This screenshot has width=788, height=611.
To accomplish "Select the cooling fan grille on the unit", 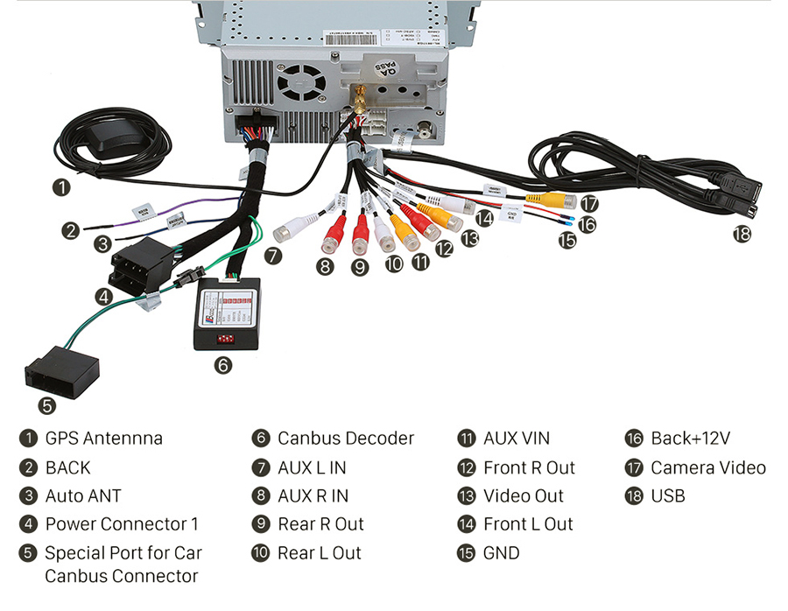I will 301,84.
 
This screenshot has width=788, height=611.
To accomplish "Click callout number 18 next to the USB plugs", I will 742,234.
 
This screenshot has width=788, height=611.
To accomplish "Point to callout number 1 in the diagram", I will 60,186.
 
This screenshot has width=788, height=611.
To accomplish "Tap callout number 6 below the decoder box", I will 223,365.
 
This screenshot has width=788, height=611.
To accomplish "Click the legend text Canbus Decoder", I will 345,439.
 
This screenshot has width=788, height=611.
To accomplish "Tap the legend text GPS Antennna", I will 103,439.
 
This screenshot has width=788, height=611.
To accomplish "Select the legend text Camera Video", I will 707,467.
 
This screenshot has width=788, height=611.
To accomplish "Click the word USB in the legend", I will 667,496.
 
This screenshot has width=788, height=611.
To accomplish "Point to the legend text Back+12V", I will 690,439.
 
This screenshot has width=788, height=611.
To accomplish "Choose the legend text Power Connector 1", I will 122,524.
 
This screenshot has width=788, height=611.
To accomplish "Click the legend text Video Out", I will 524,496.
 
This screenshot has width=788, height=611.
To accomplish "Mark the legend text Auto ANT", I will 83,496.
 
